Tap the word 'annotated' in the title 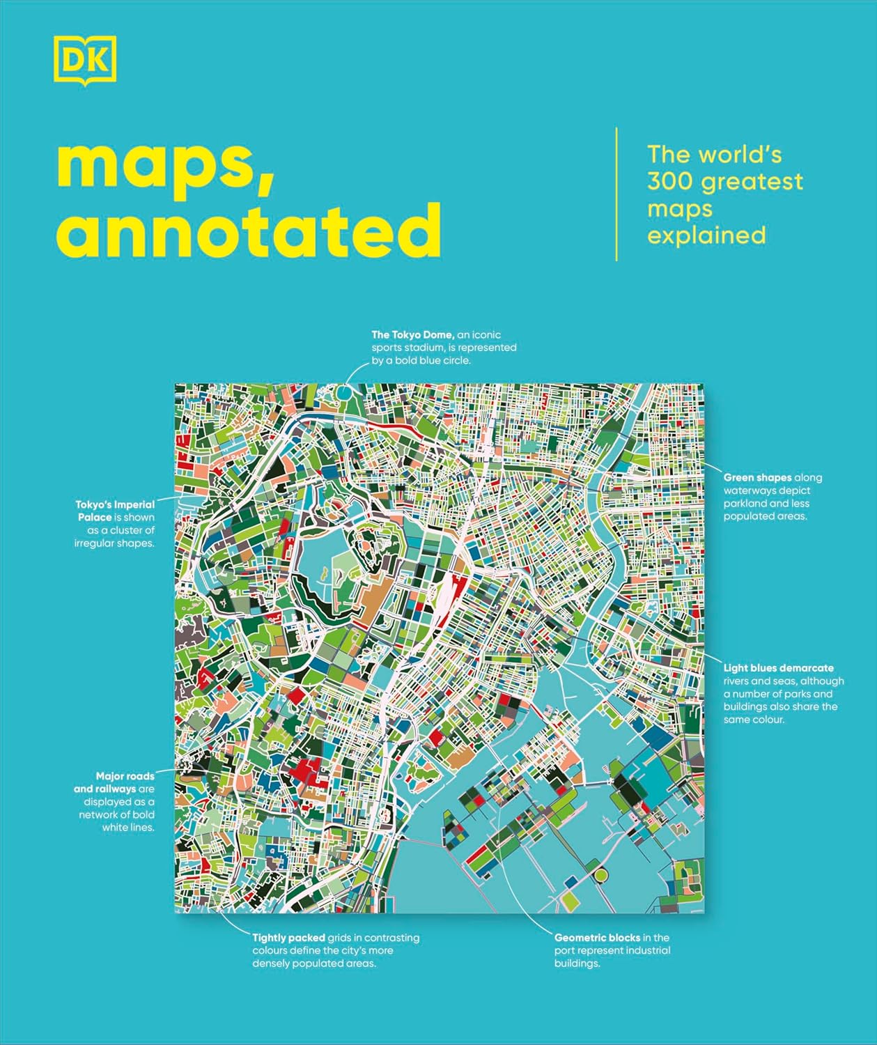pyautogui.click(x=248, y=231)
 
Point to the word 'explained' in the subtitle pyautogui.click(x=706, y=235)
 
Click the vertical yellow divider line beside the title pyautogui.click(x=616, y=194)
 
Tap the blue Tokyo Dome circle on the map pyautogui.click(x=344, y=392)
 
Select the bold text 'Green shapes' pyautogui.click(x=757, y=477)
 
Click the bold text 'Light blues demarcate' pyautogui.click(x=778, y=667)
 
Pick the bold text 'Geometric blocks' pyautogui.click(x=597, y=938)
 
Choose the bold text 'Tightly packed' pyautogui.click(x=288, y=938)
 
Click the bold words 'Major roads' pyautogui.click(x=125, y=775)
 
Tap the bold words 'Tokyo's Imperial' pyautogui.click(x=115, y=504)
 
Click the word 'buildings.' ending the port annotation pyautogui.click(x=577, y=963)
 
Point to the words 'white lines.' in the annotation pyautogui.click(x=128, y=827)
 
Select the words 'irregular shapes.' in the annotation pyautogui.click(x=114, y=543)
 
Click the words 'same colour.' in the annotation pyautogui.click(x=754, y=719)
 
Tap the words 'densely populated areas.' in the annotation pyautogui.click(x=314, y=963)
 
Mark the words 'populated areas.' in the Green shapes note pyautogui.click(x=765, y=516)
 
